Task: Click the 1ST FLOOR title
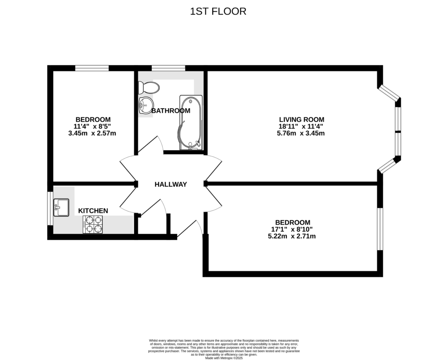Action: click(x=218, y=11)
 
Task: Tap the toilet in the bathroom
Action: click(x=149, y=88)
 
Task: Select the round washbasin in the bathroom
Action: click(x=145, y=105)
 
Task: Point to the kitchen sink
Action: click(x=61, y=207)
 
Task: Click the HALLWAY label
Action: click(x=171, y=184)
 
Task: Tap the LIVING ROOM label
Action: click(x=301, y=119)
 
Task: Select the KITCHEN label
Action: click(x=93, y=211)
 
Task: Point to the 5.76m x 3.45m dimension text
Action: click(x=301, y=133)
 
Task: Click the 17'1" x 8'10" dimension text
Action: click(x=292, y=229)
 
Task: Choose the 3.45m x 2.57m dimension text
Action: click(x=93, y=133)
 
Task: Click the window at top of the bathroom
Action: click(x=168, y=68)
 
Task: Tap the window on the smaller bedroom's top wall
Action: click(x=92, y=68)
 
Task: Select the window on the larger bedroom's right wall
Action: click(x=380, y=229)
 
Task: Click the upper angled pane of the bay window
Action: click(x=388, y=93)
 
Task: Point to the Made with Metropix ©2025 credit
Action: click(x=224, y=358)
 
